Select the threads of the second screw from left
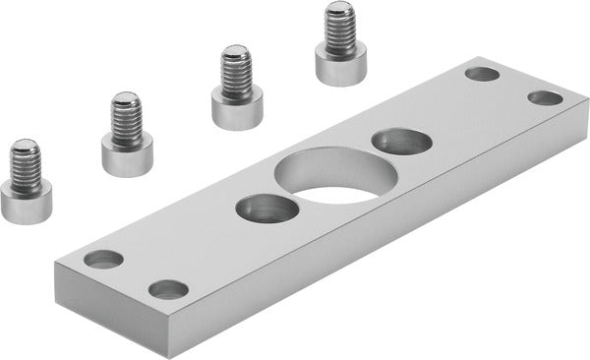pos(126,112)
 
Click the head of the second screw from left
pos(127,151)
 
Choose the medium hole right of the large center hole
pos(401,142)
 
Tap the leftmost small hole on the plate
pos(103,260)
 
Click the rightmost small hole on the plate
pos(546,97)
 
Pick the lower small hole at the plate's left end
pos(168,289)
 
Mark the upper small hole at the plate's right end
pos(482,74)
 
